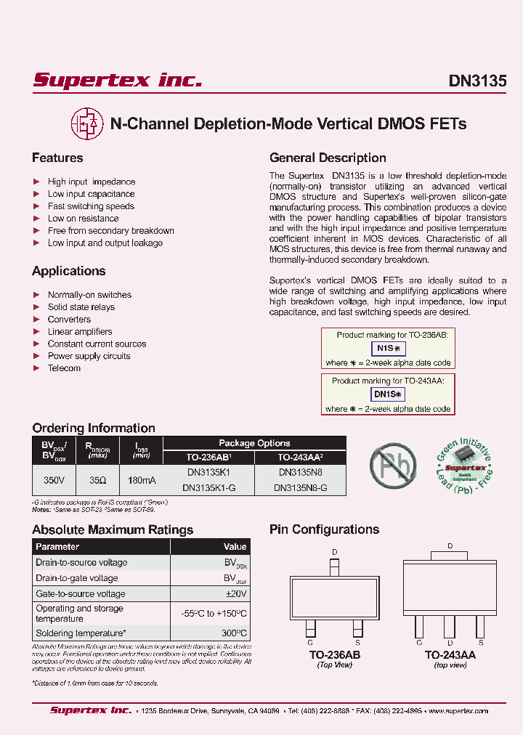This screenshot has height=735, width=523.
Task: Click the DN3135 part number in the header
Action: point(477,81)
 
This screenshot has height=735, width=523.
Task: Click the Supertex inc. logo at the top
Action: point(117,80)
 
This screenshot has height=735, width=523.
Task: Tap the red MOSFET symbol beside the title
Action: point(86,123)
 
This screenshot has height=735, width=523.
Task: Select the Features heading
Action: point(57,158)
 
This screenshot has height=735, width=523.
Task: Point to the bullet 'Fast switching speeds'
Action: point(91,206)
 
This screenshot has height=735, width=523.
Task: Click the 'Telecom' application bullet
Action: point(64,368)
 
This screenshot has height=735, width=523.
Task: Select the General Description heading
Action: point(328,158)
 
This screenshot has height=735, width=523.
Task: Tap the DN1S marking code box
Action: point(388,394)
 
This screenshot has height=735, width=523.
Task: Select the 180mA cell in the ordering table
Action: point(141,479)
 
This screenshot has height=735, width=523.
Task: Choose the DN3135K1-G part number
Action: point(208,488)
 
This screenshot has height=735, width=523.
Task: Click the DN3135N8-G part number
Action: point(300,488)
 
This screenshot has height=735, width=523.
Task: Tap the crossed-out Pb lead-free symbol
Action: point(392,463)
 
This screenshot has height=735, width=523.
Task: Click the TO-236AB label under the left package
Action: point(334,655)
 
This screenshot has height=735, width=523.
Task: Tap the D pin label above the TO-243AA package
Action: point(450,545)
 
